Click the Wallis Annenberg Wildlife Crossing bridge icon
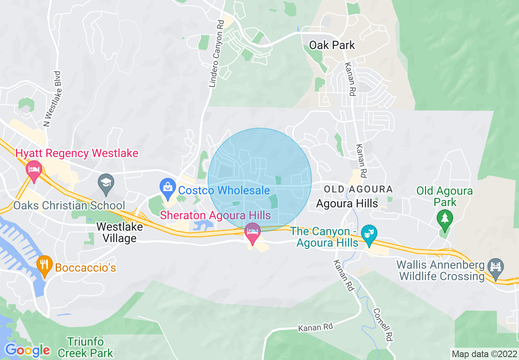point(496,268)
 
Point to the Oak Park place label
point(332,45)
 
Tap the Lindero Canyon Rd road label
point(217,54)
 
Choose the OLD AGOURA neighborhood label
point(358,189)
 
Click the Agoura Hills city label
point(348,203)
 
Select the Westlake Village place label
point(120,232)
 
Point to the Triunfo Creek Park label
point(86,347)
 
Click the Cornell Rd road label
point(383,325)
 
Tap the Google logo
point(27,350)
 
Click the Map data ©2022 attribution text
point(484,353)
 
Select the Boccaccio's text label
point(86,268)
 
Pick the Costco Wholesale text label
point(224,190)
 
